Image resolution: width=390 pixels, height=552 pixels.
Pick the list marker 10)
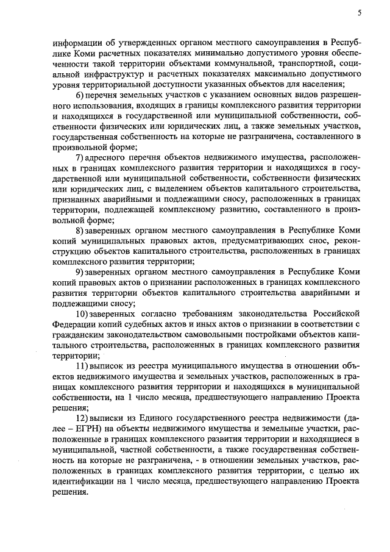tap(82, 313)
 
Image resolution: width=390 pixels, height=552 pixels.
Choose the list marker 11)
tap(82, 365)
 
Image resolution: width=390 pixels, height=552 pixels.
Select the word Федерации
tap(74, 323)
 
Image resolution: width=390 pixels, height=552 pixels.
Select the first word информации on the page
tap(74, 43)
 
